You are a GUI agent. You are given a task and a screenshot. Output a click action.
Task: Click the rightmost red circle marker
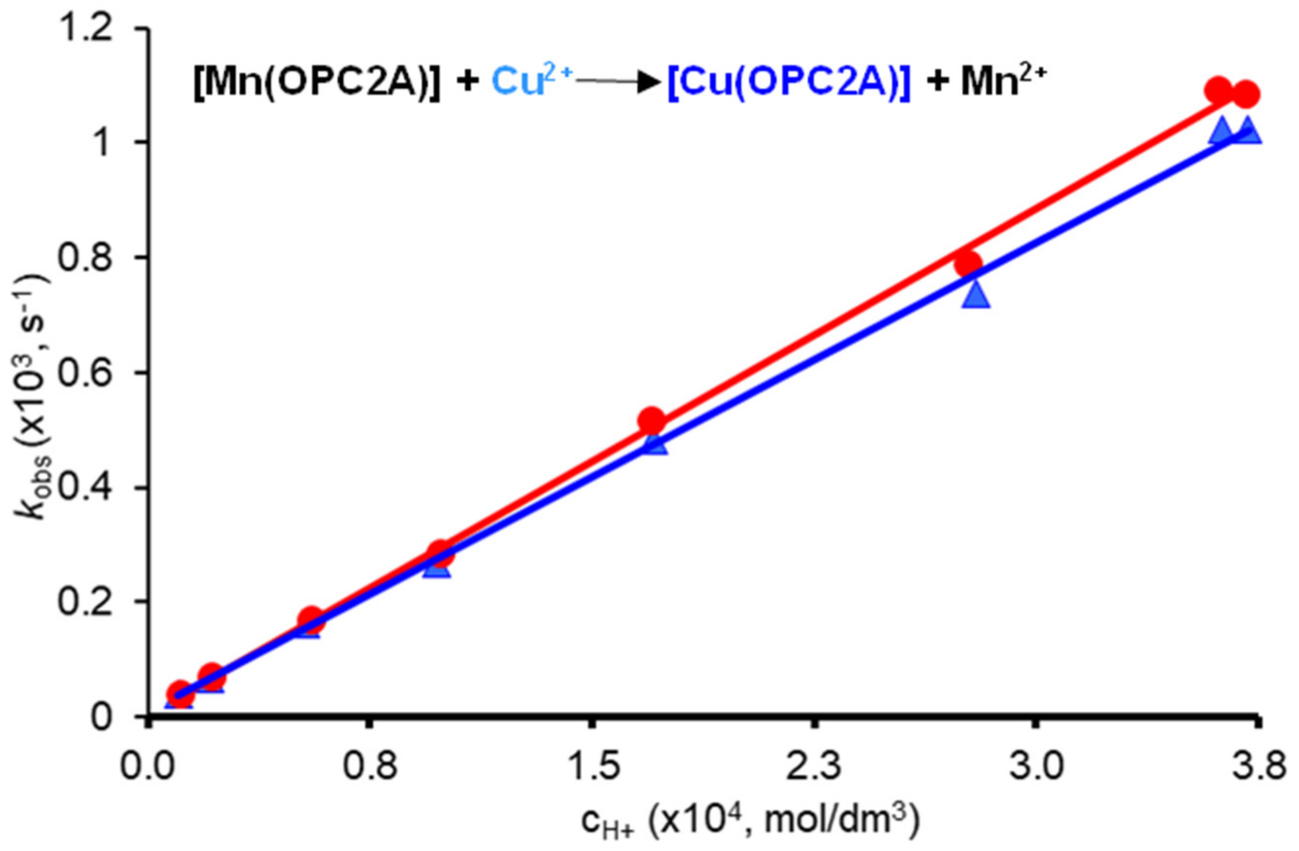(1246, 95)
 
